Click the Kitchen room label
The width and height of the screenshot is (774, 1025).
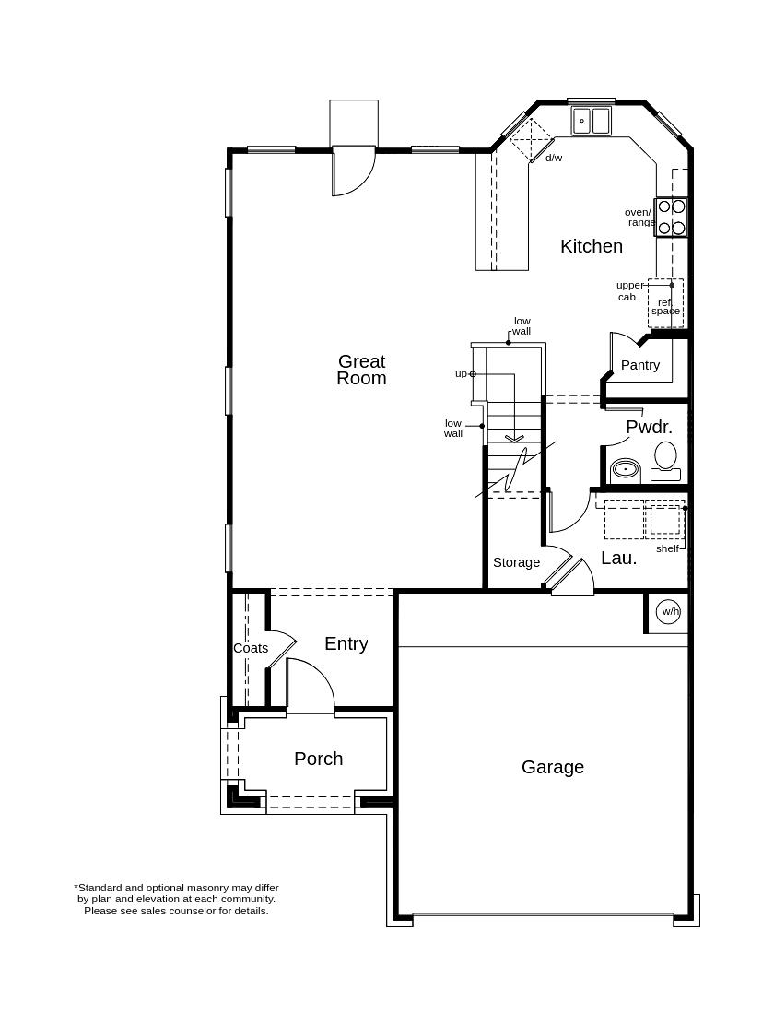tap(592, 246)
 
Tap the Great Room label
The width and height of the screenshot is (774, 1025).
tap(361, 370)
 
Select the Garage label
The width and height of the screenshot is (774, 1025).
tap(553, 767)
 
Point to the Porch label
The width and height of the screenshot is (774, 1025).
tap(319, 759)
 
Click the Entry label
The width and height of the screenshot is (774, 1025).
tap(346, 644)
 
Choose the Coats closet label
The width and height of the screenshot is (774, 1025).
tap(251, 648)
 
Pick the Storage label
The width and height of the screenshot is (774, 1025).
tap(516, 562)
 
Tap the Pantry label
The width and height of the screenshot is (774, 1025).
tap(640, 365)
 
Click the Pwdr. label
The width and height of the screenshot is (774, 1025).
tap(649, 427)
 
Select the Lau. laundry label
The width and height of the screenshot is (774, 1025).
tap(619, 558)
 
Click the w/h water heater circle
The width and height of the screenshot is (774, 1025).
tap(670, 611)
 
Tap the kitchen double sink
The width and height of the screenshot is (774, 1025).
tap(591, 121)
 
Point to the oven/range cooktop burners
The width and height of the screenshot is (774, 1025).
tap(671, 218)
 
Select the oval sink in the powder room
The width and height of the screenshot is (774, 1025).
tap(626, 469)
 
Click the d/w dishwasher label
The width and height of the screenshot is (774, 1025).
tap(554, 158)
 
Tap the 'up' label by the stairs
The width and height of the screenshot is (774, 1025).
tap(461, 373)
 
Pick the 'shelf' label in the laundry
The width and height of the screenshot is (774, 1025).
tap(667, 548)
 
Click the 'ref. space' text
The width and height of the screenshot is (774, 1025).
tap(665, 307)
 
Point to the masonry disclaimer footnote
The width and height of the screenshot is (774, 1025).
tap(176, 899)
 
